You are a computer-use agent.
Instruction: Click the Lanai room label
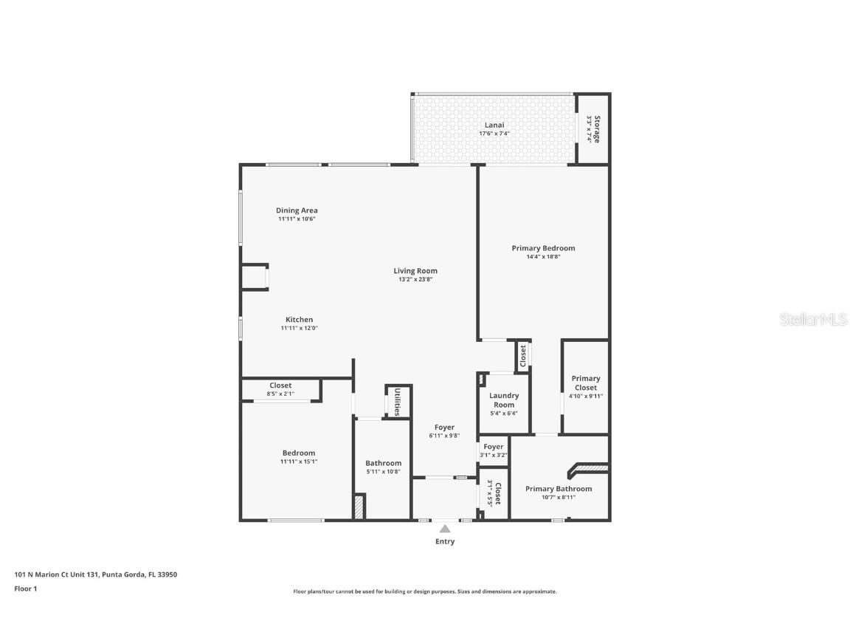click(494, 125)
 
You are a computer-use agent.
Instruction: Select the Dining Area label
click(297, 210)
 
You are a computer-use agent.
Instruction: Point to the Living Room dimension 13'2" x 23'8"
click(415, 279)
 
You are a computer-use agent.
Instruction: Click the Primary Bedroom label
click(543, 248)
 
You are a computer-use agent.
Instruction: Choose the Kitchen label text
click(299, 320)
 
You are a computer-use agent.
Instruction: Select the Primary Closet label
click(586, 383)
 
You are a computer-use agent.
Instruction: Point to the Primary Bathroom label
click(558, 488)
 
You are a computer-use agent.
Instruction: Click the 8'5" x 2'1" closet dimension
click(280, 394)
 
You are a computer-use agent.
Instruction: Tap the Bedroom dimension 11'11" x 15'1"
click(298, 462)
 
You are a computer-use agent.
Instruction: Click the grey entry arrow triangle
click(445, 528)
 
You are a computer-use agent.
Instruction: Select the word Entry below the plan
click(445, 541)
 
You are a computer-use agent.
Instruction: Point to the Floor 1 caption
click(25, 589)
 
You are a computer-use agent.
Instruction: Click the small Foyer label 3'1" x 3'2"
click(494, 450)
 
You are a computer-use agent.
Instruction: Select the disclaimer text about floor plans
click(424, 591)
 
